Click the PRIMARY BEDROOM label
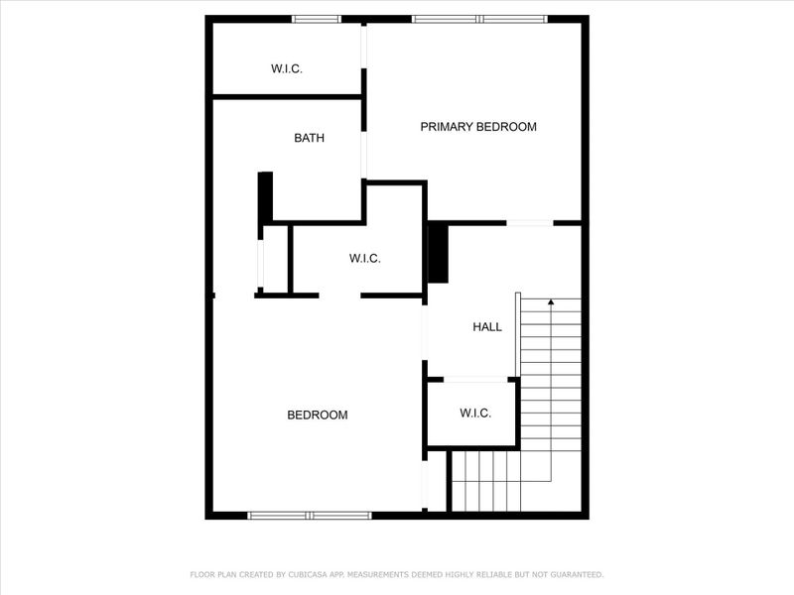pyautogui.click(x=478, y=127)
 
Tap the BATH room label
pyautogui.click(x=309, y=139)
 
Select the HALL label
pyautogui.click(x=487, y=327)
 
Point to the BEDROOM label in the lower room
pyautogui.click(x=318, y=416)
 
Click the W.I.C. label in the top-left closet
pyautogui.click(x=287, y=69)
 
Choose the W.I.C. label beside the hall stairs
pyautogui.click(x=475, y=414)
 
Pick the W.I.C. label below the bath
pyautogui.click(x=365, y=259)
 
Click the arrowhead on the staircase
pyautogui.click(x=551, y=301)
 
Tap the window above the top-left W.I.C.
pyautogui.click(x=317, y=19)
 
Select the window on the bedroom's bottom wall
pyautogui.click(x=310, y=516)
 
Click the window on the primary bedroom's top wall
pyautogui.click(x=479, y=19)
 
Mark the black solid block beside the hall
pyautogui.click(x=438, y=254)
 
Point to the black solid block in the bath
pyautogui.click(x=265, y=197)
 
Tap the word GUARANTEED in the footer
pyautogui.click(x=572, y=575)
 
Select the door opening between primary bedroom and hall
pyautogui.click(x=530, y=223)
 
